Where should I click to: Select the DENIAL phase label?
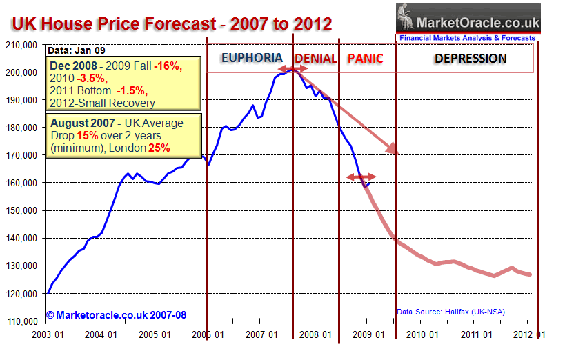(315, 59)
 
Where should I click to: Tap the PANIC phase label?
(365, 59)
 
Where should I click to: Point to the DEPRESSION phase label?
(470, 59)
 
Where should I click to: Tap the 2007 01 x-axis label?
(261, 335)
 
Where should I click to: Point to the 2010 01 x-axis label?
(422, 335)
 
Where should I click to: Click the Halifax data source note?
(450, 312)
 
